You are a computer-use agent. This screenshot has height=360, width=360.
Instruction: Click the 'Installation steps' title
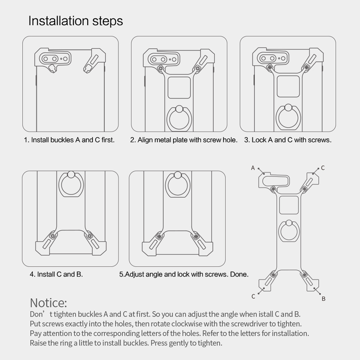pyautogui.click(x=75, y=21)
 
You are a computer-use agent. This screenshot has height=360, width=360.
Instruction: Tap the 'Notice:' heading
pyautogui.click(x=49, y=303)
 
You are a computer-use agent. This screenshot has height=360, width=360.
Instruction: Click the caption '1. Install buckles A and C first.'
pyautogui.click(x=69, y=140)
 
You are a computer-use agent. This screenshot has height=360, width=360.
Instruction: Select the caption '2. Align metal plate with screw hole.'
pyautogui.click(x=184, y=140)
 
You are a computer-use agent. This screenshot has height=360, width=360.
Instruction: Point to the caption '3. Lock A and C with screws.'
pyautogui.click(x=288, y=140)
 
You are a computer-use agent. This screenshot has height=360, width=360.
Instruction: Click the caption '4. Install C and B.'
pyautogui.click(x=56, y=274)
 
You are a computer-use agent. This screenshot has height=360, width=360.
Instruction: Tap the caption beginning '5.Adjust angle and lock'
pyautogui.click(x=184, y=274)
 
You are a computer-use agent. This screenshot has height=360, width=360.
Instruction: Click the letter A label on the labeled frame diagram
pyautogui.click(x=253, y=168)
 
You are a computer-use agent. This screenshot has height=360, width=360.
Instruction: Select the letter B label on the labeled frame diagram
pyautogui.click(x=324, y=299)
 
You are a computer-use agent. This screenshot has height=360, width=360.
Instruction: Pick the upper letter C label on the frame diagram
pyautogui.click(x=323, y=168)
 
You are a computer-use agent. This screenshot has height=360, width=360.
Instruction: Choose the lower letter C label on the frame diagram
pyautogui.click(x=253, y=296)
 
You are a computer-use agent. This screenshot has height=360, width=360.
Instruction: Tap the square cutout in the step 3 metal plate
pyautogui.click(x=288, y=86)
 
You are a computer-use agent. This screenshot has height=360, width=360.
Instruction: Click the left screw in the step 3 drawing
pyautogui.click(x=270, y=67)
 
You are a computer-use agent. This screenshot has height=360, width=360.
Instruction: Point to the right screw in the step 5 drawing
pyautogui.click(x=196, y=236)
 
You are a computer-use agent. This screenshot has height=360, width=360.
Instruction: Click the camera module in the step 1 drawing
pyautogui.click(x=55, y=59)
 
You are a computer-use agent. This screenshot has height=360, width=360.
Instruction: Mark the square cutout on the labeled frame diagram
pyautogui.click(x=289, y=205)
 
